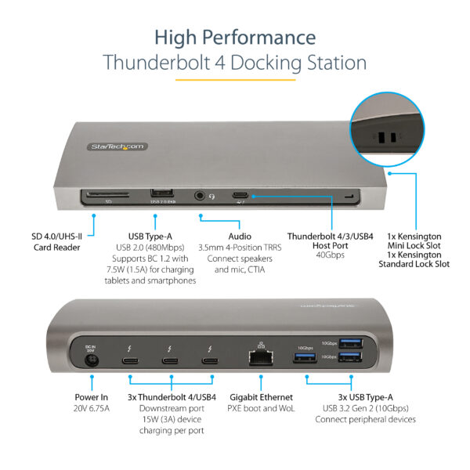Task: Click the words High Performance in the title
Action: coord(235,37)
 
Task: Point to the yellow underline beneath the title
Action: coord(235,79)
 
